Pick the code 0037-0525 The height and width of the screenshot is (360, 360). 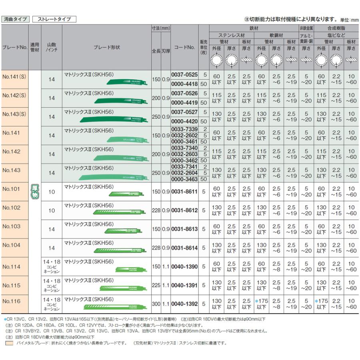pos(185,75)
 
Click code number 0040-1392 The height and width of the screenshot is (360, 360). pos(185,304)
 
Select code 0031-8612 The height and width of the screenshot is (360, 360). pos(185,210)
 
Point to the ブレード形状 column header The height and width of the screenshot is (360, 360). pos(106,47)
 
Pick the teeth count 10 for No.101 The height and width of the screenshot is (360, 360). pos(52,192)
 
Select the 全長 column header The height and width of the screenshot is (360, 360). pos(156,51)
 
